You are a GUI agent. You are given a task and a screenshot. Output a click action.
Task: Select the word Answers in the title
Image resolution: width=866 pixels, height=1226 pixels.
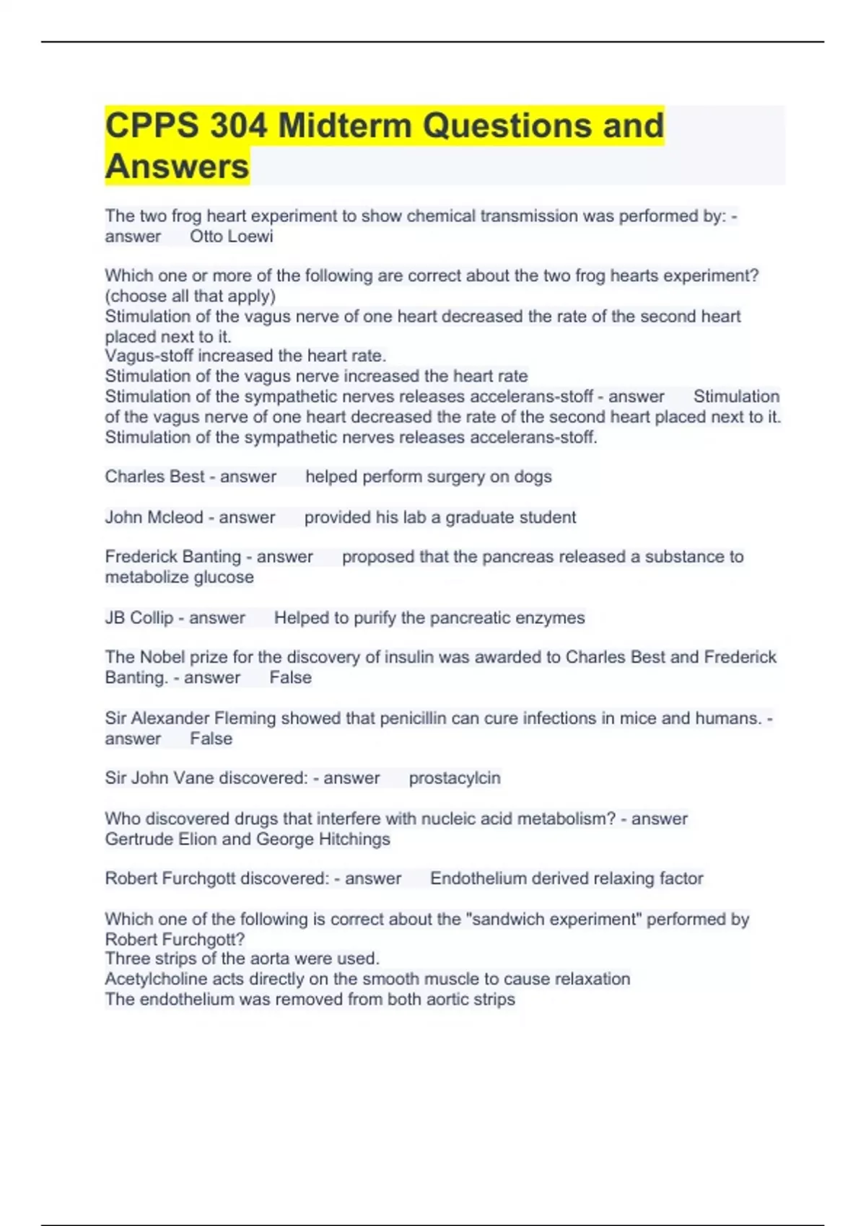click(177, 167)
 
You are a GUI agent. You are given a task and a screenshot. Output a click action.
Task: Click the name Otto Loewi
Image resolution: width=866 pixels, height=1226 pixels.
click(231, 237)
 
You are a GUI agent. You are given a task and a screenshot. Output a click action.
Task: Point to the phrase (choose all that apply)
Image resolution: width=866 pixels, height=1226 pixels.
click(191, 296)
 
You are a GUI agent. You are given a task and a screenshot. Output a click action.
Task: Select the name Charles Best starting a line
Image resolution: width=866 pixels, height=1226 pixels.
click(154, 477)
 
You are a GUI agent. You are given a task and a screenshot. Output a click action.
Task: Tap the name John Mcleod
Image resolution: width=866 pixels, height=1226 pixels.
click(154, 517)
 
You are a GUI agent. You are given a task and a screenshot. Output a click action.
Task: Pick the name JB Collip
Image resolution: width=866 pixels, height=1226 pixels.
click(139, 618)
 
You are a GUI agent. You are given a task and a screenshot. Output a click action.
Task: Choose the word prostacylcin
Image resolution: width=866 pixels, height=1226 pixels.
click(455, 778)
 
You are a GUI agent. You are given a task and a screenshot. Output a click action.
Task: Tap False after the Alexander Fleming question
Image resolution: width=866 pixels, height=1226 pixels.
click(211, 738)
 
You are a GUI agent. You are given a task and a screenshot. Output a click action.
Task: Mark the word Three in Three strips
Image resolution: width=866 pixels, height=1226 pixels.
click(126, 958)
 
